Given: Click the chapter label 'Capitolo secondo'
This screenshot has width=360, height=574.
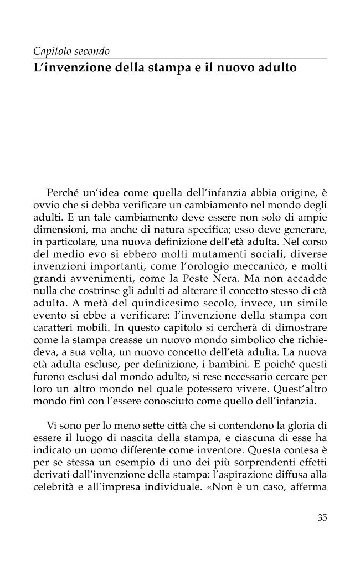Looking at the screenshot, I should (72, 52).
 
